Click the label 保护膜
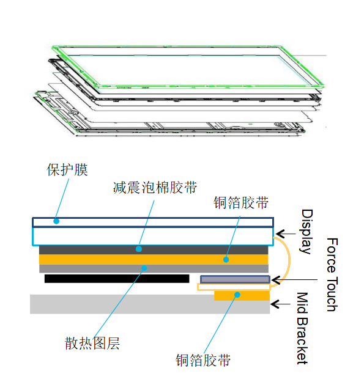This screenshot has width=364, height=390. click(x=67, y=170)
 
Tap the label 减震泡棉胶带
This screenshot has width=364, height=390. click(x=155, y=188)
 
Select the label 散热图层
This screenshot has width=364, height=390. click(x=92, y=344)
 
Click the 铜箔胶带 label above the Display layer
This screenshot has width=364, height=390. click(x=241, y=202)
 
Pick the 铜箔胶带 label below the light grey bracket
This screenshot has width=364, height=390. click(x=203, y=360)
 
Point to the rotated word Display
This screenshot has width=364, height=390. click(x=306, y=232)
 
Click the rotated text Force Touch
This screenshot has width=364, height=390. click(x=332, y=274)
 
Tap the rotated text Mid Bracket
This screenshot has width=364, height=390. click(x=302, y=328)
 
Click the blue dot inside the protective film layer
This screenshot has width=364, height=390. click(x=56, y=221)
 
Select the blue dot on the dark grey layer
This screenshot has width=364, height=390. click(x=139, y=249)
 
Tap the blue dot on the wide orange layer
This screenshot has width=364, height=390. click(x=226, y=260)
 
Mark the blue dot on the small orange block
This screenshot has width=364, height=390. click(x=237, y=295)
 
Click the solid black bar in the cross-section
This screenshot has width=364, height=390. click(x=117, y=279)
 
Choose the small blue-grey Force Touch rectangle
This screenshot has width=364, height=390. click(x=235, y=279)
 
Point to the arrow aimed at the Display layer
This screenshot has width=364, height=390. click(x=286, y=234)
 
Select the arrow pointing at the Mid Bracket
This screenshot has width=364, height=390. click(x=281, y=304)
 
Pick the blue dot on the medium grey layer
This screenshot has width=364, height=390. click(x=144, y=268)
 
